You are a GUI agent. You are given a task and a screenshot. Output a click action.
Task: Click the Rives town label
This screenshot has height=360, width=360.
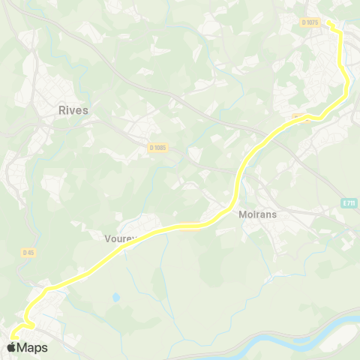(73, 110)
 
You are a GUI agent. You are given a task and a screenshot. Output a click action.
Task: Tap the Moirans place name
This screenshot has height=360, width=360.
(258, 214)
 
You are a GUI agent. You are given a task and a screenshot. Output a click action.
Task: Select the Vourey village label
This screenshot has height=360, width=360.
(120, 239)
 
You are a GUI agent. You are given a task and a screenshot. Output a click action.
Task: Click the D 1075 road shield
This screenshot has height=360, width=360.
(310, 22)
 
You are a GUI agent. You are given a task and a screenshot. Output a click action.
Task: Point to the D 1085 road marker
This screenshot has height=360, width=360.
(157, 148)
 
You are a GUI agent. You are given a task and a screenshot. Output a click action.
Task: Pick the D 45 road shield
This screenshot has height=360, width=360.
(28, 253)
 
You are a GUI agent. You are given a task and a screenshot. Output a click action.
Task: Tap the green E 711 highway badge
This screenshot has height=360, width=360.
(348, 202)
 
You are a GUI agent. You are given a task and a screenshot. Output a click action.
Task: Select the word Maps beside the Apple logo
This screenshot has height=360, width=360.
(32, 348)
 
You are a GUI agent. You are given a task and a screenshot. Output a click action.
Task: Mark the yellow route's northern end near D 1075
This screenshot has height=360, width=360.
(329, 22)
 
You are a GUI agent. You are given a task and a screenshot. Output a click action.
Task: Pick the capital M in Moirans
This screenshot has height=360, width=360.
(242, 214)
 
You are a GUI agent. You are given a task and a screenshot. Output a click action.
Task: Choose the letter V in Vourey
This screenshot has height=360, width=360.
(106, 239)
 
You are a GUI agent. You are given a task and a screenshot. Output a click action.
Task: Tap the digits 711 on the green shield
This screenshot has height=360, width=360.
(349, 202)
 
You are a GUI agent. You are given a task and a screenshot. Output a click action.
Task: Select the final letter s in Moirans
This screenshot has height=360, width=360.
(276, 214)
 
